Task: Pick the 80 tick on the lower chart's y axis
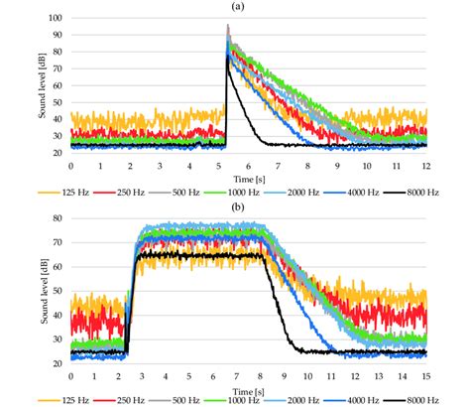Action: pyautogui.click(x=59, y=217)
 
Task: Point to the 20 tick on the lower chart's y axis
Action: pyautogui.click(x=59, y=363)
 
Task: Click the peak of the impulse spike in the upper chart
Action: pyautogui.click(x=227, y=27)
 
